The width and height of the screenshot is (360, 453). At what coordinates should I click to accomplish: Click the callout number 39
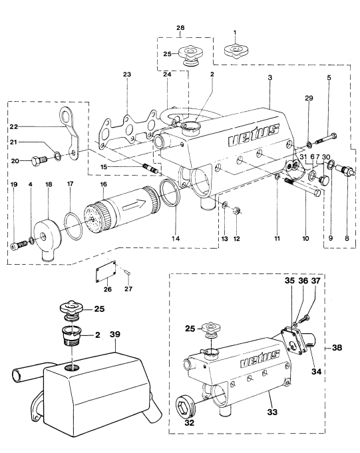pos(115,334)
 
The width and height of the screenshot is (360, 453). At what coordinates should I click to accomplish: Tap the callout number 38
pos(337,347)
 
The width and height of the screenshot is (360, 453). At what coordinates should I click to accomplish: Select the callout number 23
pos(127,75)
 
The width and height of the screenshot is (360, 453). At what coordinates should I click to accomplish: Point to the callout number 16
pos(103,184)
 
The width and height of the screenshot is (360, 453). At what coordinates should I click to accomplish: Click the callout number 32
pos(189,422)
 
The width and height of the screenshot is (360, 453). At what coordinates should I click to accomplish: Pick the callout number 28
pos(180,28)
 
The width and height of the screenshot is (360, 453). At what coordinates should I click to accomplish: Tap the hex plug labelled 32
pos(186,404)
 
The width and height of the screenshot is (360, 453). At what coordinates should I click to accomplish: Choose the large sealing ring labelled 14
pos(170,193)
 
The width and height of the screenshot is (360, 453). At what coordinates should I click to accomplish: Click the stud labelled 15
pos(151,168)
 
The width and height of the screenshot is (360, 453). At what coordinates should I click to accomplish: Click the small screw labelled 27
pos(128,271)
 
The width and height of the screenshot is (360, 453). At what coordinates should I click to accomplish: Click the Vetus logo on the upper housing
pos(254,135)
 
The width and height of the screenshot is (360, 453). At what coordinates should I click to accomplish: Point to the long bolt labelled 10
pos(303,187)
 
